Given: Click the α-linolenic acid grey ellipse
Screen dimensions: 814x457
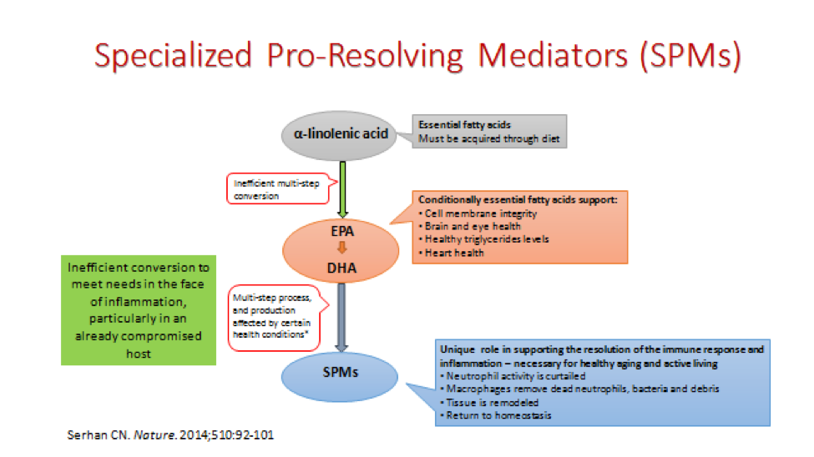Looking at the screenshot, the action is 340,135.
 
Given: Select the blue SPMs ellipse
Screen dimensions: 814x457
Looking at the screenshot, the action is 340,377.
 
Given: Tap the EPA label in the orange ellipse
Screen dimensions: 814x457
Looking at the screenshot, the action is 342,231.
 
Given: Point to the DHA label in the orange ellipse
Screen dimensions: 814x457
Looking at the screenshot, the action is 341,269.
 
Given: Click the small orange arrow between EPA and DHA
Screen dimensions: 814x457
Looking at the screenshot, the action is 341,248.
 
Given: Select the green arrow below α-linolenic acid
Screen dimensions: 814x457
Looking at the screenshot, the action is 342,189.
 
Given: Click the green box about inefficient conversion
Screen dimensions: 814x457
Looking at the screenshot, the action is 139,310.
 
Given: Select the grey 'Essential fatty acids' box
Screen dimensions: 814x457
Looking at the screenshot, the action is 489,132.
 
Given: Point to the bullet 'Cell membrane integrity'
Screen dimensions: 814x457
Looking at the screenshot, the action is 478,213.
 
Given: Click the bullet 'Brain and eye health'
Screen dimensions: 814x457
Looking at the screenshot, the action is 469,226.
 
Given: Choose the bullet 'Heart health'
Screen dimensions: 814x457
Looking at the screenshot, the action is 451,253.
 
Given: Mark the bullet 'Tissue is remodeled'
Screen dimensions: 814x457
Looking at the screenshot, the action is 489,403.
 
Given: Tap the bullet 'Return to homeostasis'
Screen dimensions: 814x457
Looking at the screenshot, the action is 495,415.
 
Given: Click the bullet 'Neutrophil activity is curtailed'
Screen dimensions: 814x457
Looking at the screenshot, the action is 513,376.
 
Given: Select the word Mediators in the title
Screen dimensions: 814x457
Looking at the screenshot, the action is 553,55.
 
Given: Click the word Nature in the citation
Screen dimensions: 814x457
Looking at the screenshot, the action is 154,434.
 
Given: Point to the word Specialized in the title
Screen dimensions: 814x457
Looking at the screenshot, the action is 173,56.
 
